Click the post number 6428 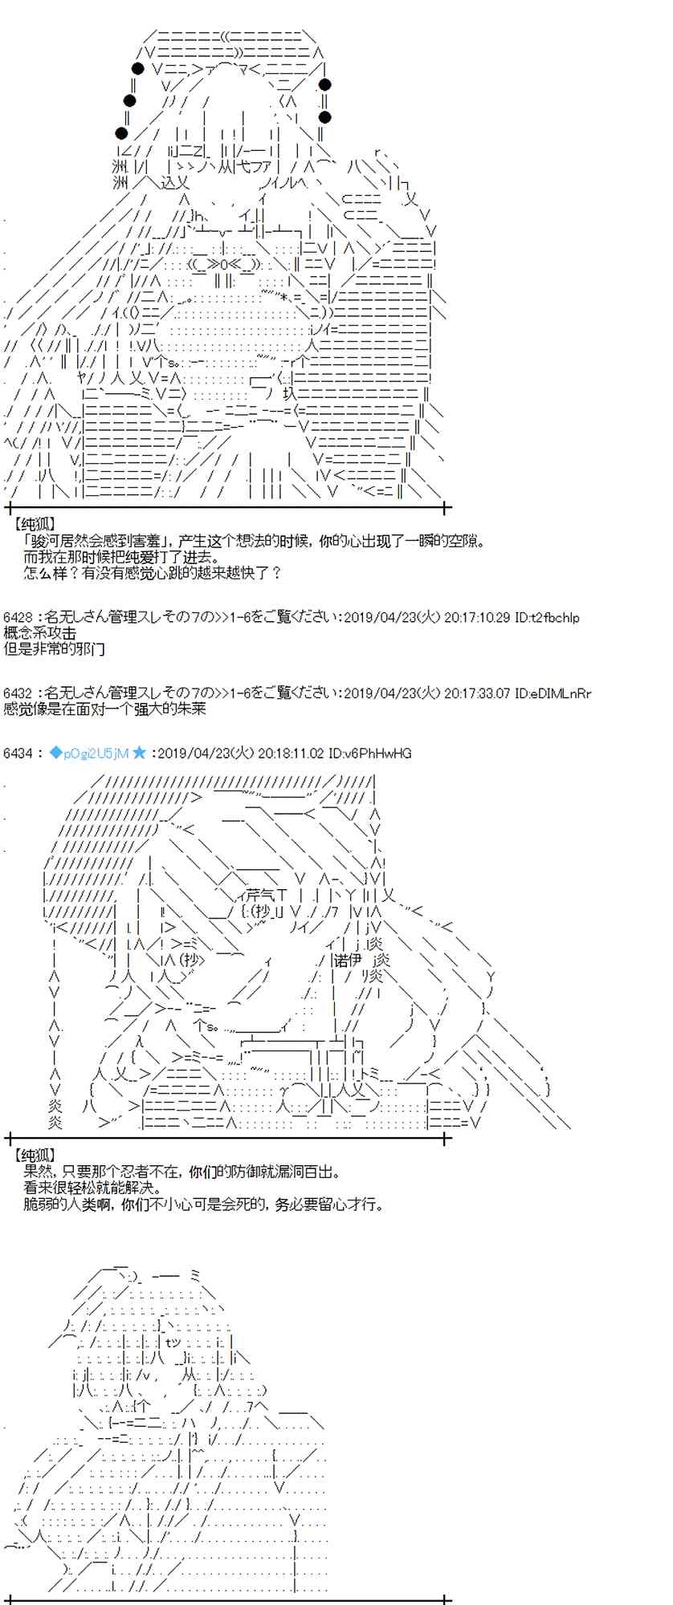point(16,618)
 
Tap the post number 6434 point(16,753)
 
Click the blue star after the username point(139,753)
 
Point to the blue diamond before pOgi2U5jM point(55,753)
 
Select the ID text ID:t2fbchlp point(546,618)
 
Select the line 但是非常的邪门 point(54,648)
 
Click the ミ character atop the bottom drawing point(196,1275)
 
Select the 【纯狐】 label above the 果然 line point(35,1156)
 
